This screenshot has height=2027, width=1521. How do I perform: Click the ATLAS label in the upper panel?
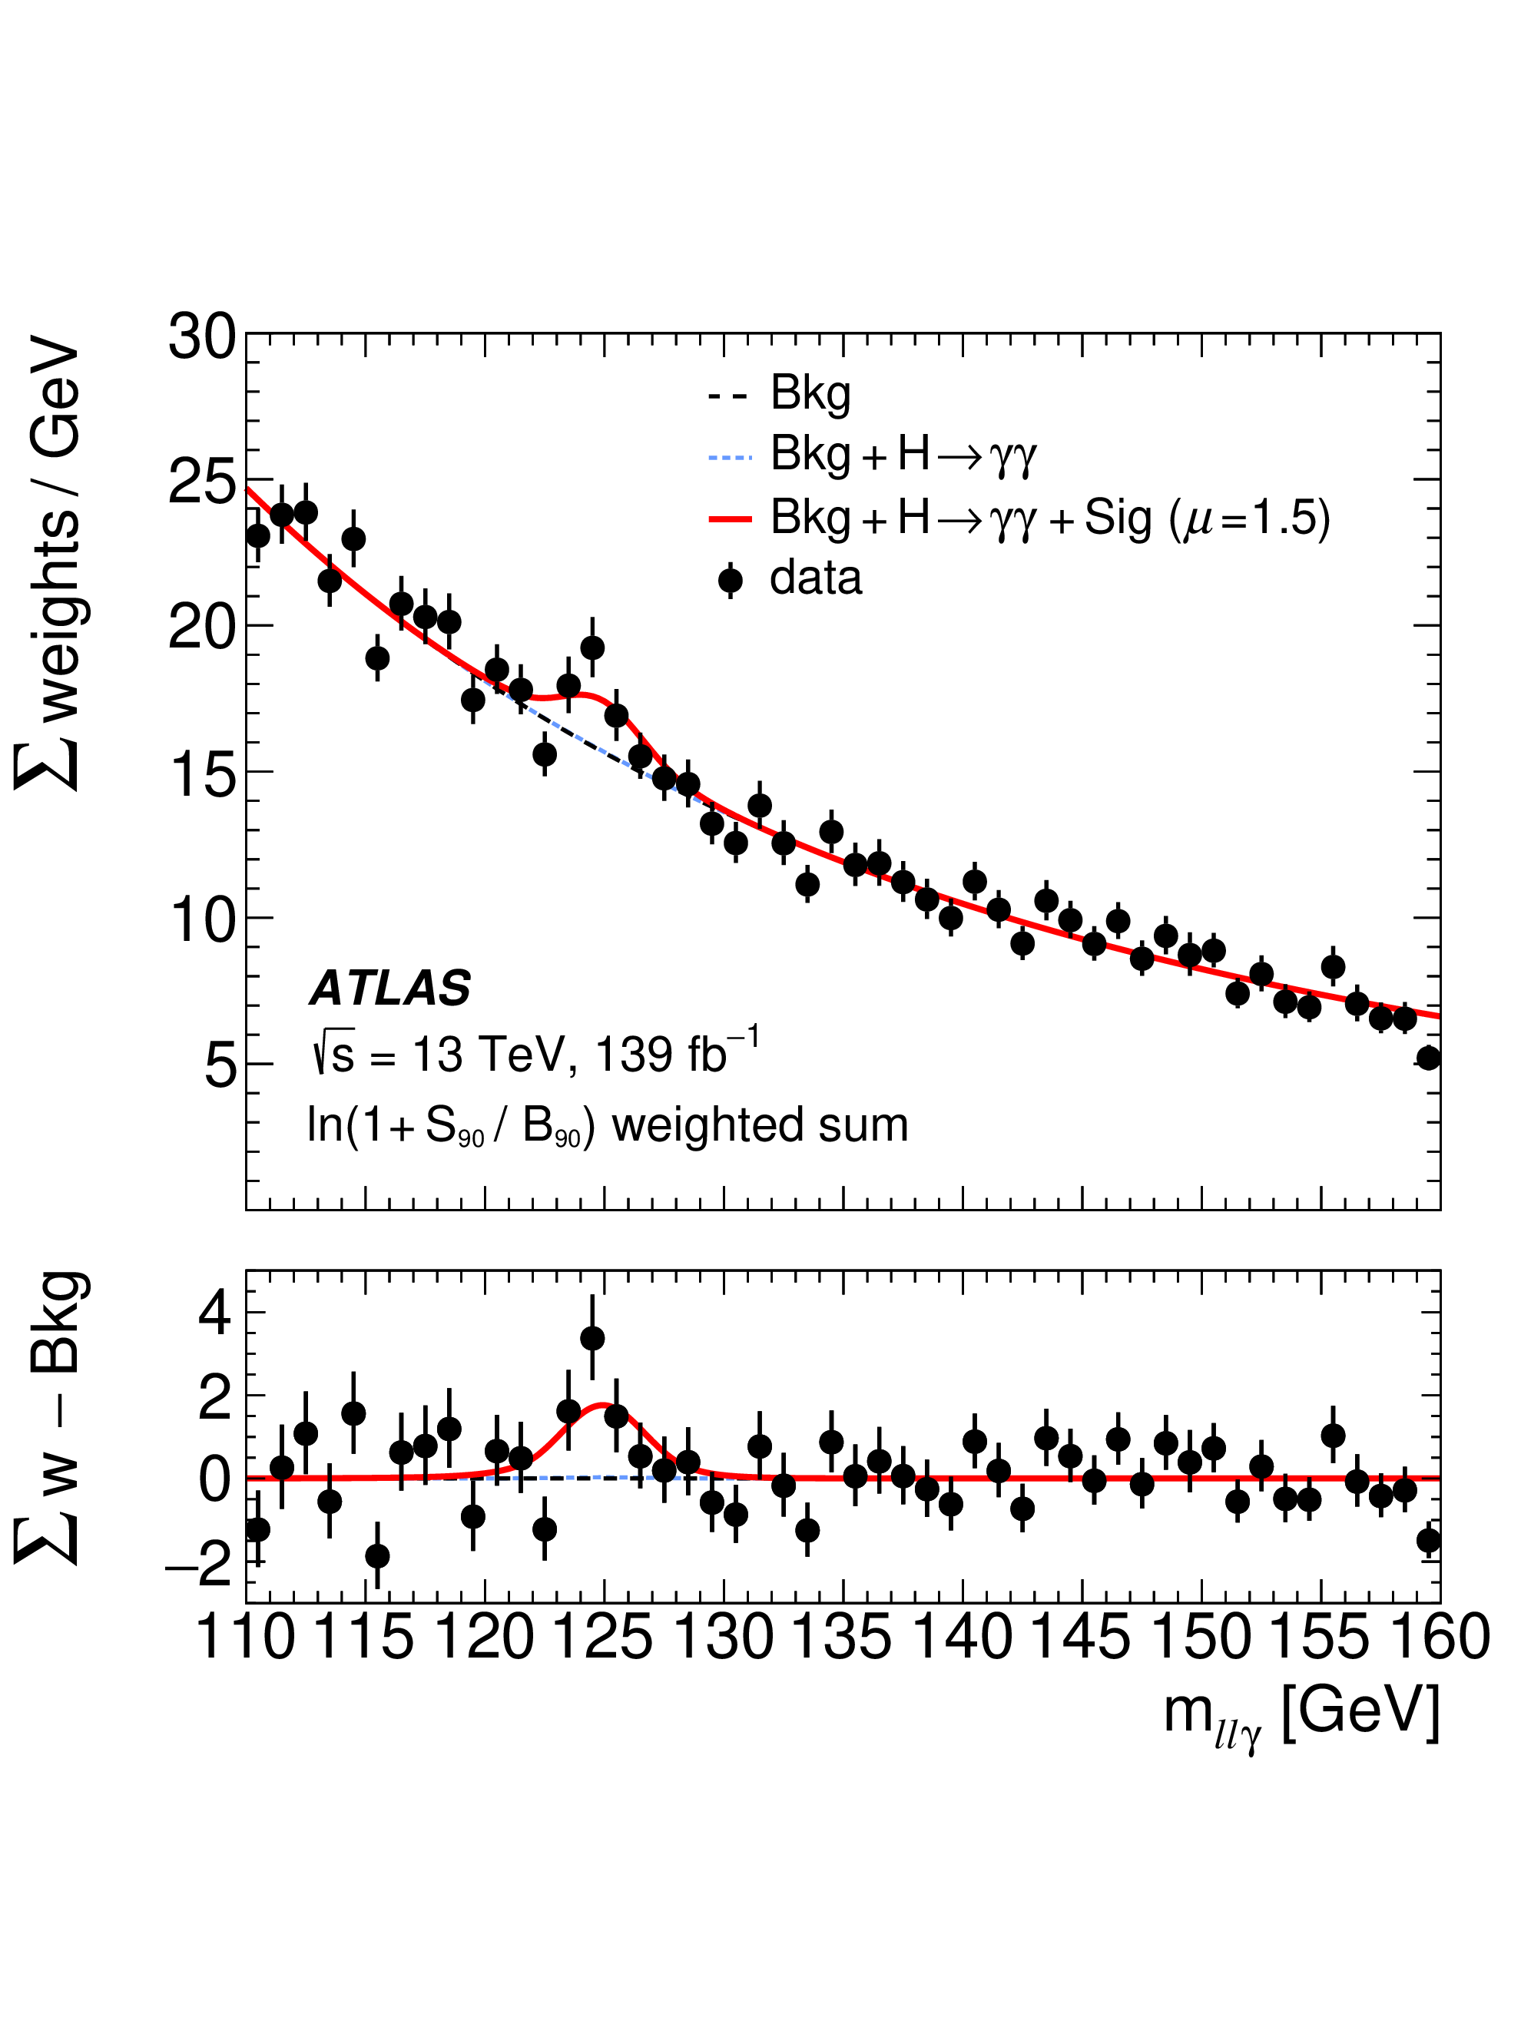(390, 989)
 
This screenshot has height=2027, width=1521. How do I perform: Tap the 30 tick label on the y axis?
(201, 337)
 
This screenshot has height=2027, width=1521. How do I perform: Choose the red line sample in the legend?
(731, 518)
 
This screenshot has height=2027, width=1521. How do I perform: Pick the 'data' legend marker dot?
(731, 580)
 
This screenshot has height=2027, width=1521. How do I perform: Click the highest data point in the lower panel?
(592, 1338)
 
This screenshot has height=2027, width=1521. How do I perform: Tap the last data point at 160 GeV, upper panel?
(1427, 1058)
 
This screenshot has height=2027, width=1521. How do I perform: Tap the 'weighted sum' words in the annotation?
(760, 1124)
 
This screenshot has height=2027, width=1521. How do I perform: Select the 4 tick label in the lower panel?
(214, 1312)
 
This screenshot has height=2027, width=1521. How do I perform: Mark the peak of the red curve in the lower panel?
(603, 1404)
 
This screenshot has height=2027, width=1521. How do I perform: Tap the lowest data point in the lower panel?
(376, 1556)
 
